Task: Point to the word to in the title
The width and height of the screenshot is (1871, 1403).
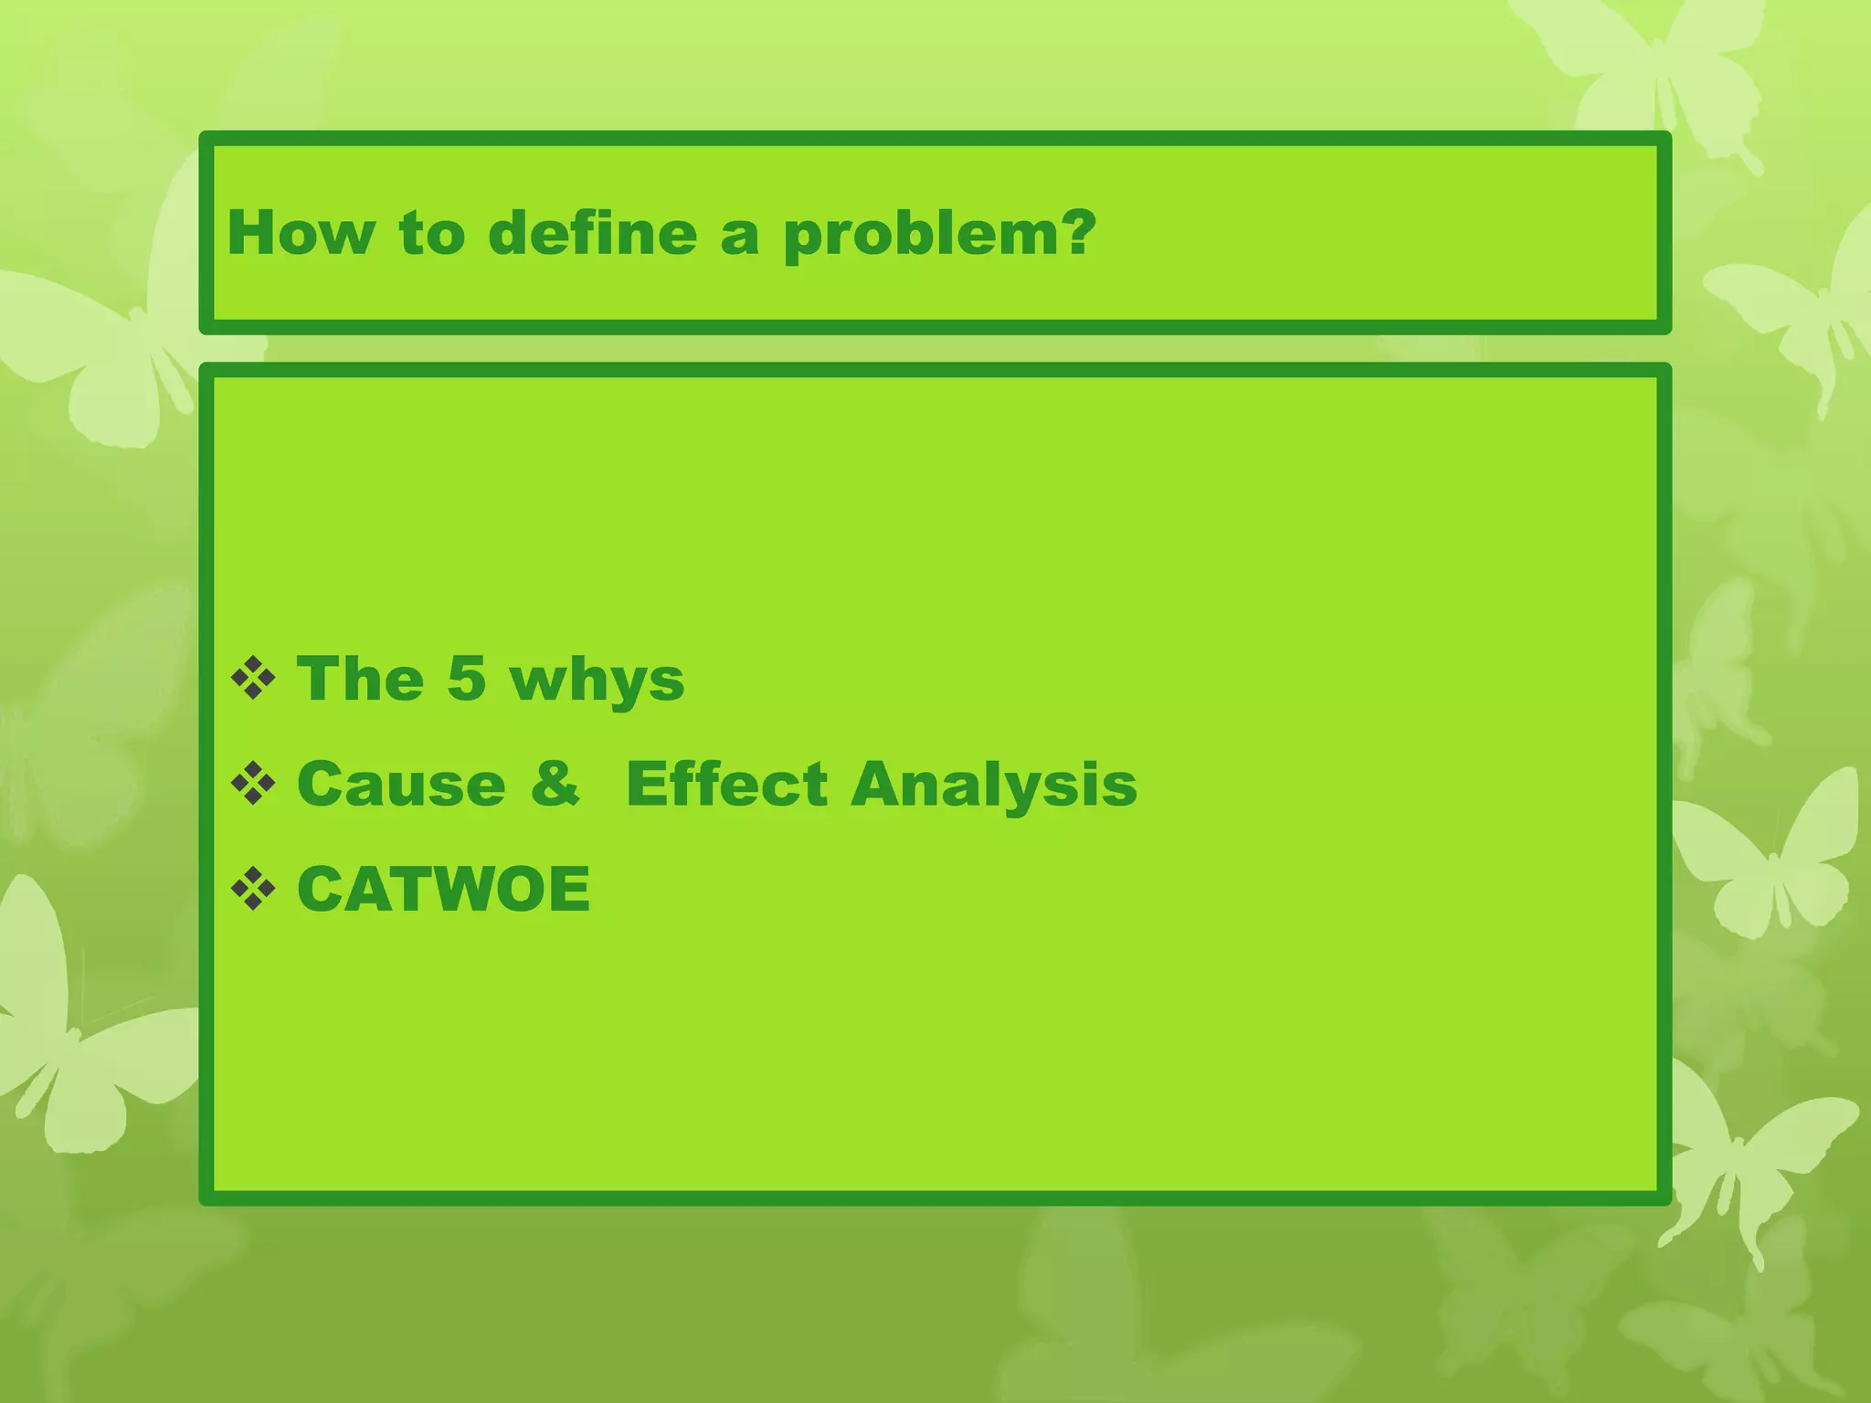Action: [x=431, y=234]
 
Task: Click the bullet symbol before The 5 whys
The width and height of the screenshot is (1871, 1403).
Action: [x=253, y=679]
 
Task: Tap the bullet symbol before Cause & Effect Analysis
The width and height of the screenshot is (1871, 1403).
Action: [x=253, y=784]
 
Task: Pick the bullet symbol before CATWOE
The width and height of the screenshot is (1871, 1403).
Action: [x=253, y=889]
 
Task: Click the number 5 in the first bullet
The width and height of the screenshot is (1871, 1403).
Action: [x=466, y=679]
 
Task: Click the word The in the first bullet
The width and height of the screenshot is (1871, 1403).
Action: [x=361, y=679]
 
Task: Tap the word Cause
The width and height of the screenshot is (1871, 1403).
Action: [x=401, y=784]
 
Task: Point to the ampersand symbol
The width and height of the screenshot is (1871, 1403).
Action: [x=555, y=784]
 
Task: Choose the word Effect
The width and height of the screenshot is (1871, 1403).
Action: [x=726, y=784]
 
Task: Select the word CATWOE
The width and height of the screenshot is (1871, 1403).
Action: [x=444, y=889]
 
